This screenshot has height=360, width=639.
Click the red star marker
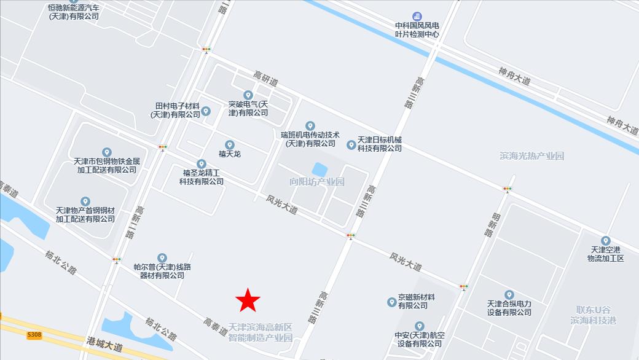(x=248, y=300)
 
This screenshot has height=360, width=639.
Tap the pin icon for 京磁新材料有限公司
(x=391, y=302)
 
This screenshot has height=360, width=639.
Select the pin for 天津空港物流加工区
(x=606, y=241)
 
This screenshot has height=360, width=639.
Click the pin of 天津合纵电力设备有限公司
(x=509, y=295)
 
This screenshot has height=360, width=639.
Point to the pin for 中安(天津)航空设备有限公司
(x=420, y=326)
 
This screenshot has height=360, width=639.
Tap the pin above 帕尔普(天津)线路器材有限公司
(x=162, y=257)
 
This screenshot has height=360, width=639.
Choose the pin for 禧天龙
(x=230, y=144)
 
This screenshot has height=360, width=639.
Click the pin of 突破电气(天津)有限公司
(x=248, y=95)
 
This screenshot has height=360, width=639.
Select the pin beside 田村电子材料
(x=206, y=111)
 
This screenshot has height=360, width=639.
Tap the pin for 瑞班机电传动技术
(x=310, y=126)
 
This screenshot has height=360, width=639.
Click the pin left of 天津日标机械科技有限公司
(x=351, y=145)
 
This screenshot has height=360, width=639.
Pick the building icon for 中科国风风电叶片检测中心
(x=417, y=15)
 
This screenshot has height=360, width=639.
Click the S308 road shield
(x=34, y=335)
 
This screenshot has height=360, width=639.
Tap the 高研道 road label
(x=266, y=79)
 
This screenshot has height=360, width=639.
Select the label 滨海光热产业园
(x=532, y=156)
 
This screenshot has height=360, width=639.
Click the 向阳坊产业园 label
(x=317, y=182)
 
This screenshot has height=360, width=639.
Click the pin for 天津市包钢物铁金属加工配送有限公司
(x=107, y=152)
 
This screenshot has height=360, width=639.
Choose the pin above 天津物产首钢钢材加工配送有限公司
(x=85, y=202)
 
